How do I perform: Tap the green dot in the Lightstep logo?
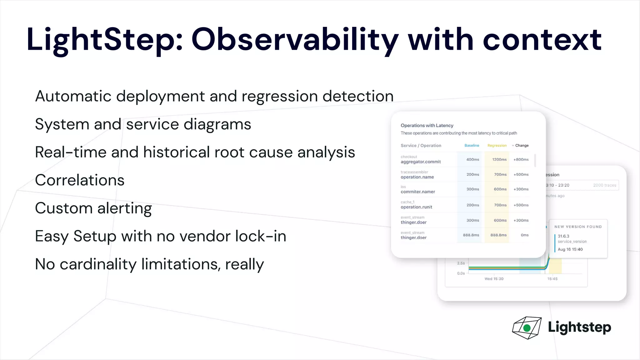(527, 328)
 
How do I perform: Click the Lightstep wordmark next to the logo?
(579, 327)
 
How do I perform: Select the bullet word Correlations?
(80, 180)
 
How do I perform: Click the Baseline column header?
(472, 146)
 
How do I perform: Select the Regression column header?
(497, 146)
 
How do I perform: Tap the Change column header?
(522, 146)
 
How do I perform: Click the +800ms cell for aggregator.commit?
(521, 160)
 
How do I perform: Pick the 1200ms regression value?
(499, 160)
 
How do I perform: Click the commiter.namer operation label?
(418, 192)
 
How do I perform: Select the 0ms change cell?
(525, 235)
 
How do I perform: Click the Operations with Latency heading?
(427, 126)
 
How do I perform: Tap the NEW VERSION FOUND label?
(578, 227)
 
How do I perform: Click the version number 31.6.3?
(563, 236)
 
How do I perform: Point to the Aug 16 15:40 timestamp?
(570, 249)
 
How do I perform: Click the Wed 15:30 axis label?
(494, 279)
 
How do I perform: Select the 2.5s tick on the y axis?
(461, 263)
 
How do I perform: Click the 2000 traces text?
(604, 185)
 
